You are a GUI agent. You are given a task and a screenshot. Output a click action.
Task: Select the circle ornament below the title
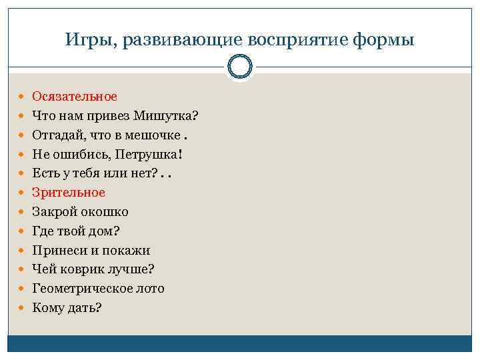pos(240,67)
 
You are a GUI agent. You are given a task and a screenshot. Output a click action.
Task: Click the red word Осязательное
pos(75,97)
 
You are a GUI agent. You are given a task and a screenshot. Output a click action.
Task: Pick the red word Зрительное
pos(69,193)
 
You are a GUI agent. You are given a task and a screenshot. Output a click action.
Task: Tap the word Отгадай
pos(57,135)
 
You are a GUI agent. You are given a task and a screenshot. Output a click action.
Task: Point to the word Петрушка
pos(147,155)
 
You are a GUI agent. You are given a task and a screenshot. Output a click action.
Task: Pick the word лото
pos(148,289)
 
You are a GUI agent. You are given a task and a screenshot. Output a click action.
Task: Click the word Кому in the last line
pos(47,308)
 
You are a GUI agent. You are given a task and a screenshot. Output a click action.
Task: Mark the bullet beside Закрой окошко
pos(23,212)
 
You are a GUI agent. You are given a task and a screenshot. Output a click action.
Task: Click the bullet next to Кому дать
pos(23,308)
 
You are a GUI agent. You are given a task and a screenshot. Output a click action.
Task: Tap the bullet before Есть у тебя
pos(23,173)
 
